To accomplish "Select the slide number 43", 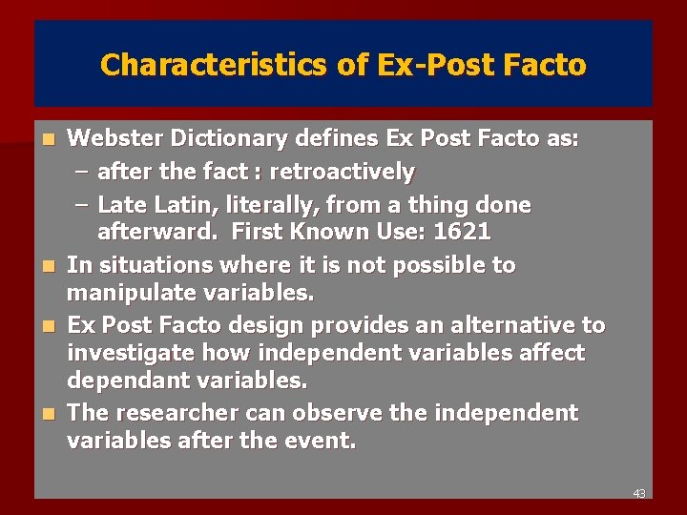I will point(638,493).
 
